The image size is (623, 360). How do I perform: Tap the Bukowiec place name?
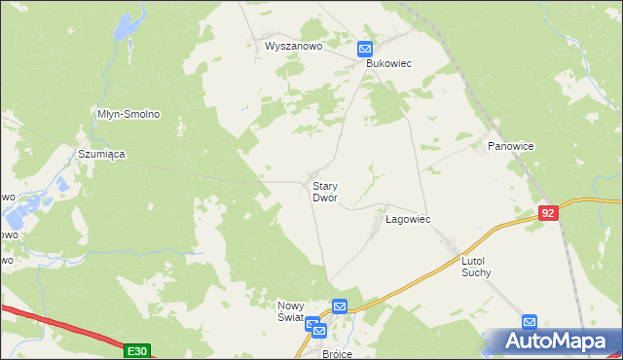coord(389,63)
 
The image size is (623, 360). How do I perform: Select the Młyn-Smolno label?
coord(128,114)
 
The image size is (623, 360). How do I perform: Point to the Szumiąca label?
coord(102,154)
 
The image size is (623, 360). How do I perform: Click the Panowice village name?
coord(508,146)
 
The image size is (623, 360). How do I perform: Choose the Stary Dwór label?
coord(324,191)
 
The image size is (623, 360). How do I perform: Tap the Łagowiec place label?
coord(408,220)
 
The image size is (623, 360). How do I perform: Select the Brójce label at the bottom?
coord(336,354)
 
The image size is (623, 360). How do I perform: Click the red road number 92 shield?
coord(548,211)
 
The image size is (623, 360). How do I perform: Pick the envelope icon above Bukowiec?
coord(365,49)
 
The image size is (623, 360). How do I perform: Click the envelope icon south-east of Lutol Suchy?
coord(529,321)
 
